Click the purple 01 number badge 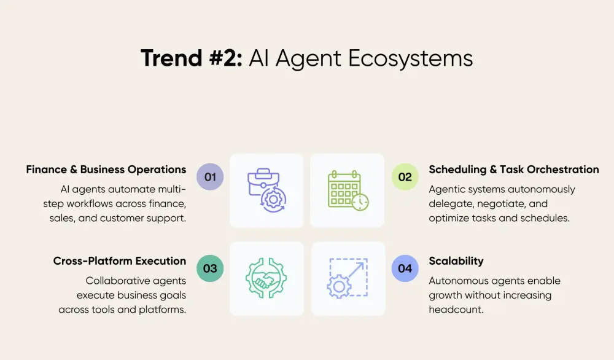point(210,177)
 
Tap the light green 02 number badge point(405,177)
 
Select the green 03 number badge point(210,268)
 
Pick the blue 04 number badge point(405,268)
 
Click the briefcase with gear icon point(266,190)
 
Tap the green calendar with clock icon point(347,190)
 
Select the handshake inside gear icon point(266,278)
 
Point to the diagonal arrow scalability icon point(347,278)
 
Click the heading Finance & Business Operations point(106,170)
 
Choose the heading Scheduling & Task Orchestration point(514,170)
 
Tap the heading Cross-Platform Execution point(120,261)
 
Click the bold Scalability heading point(456,261)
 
